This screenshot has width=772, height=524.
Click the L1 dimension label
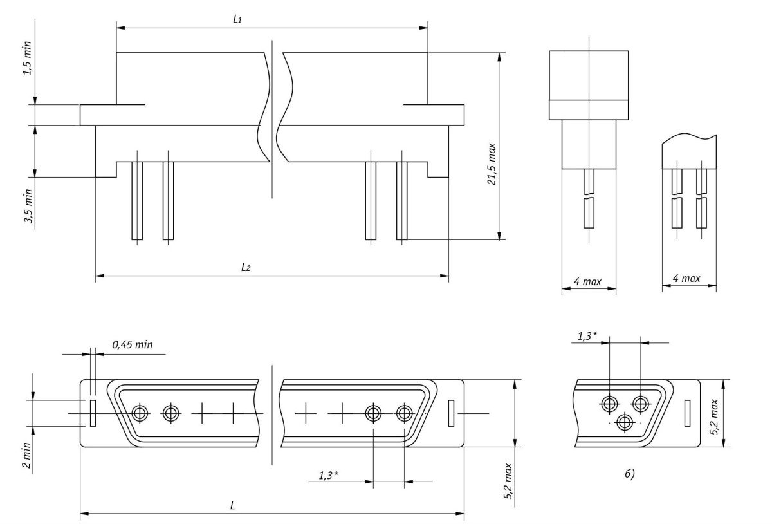pos(238,21)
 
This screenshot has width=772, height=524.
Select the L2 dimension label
pos(246,268)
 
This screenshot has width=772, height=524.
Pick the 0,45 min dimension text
pos(134,345)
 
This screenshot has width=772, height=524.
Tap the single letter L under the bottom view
pos(232,506)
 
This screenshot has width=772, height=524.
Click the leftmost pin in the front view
pos(137,201)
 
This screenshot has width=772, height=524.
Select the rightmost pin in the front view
pos(402,201)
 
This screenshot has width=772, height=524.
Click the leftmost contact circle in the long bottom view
pos(140,413)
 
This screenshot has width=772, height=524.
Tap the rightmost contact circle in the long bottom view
pos(404,413)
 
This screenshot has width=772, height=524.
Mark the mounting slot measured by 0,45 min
pos(93,413)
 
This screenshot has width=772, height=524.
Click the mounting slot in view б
pos(687,413)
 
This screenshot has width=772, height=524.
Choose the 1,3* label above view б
pos(584,335)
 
